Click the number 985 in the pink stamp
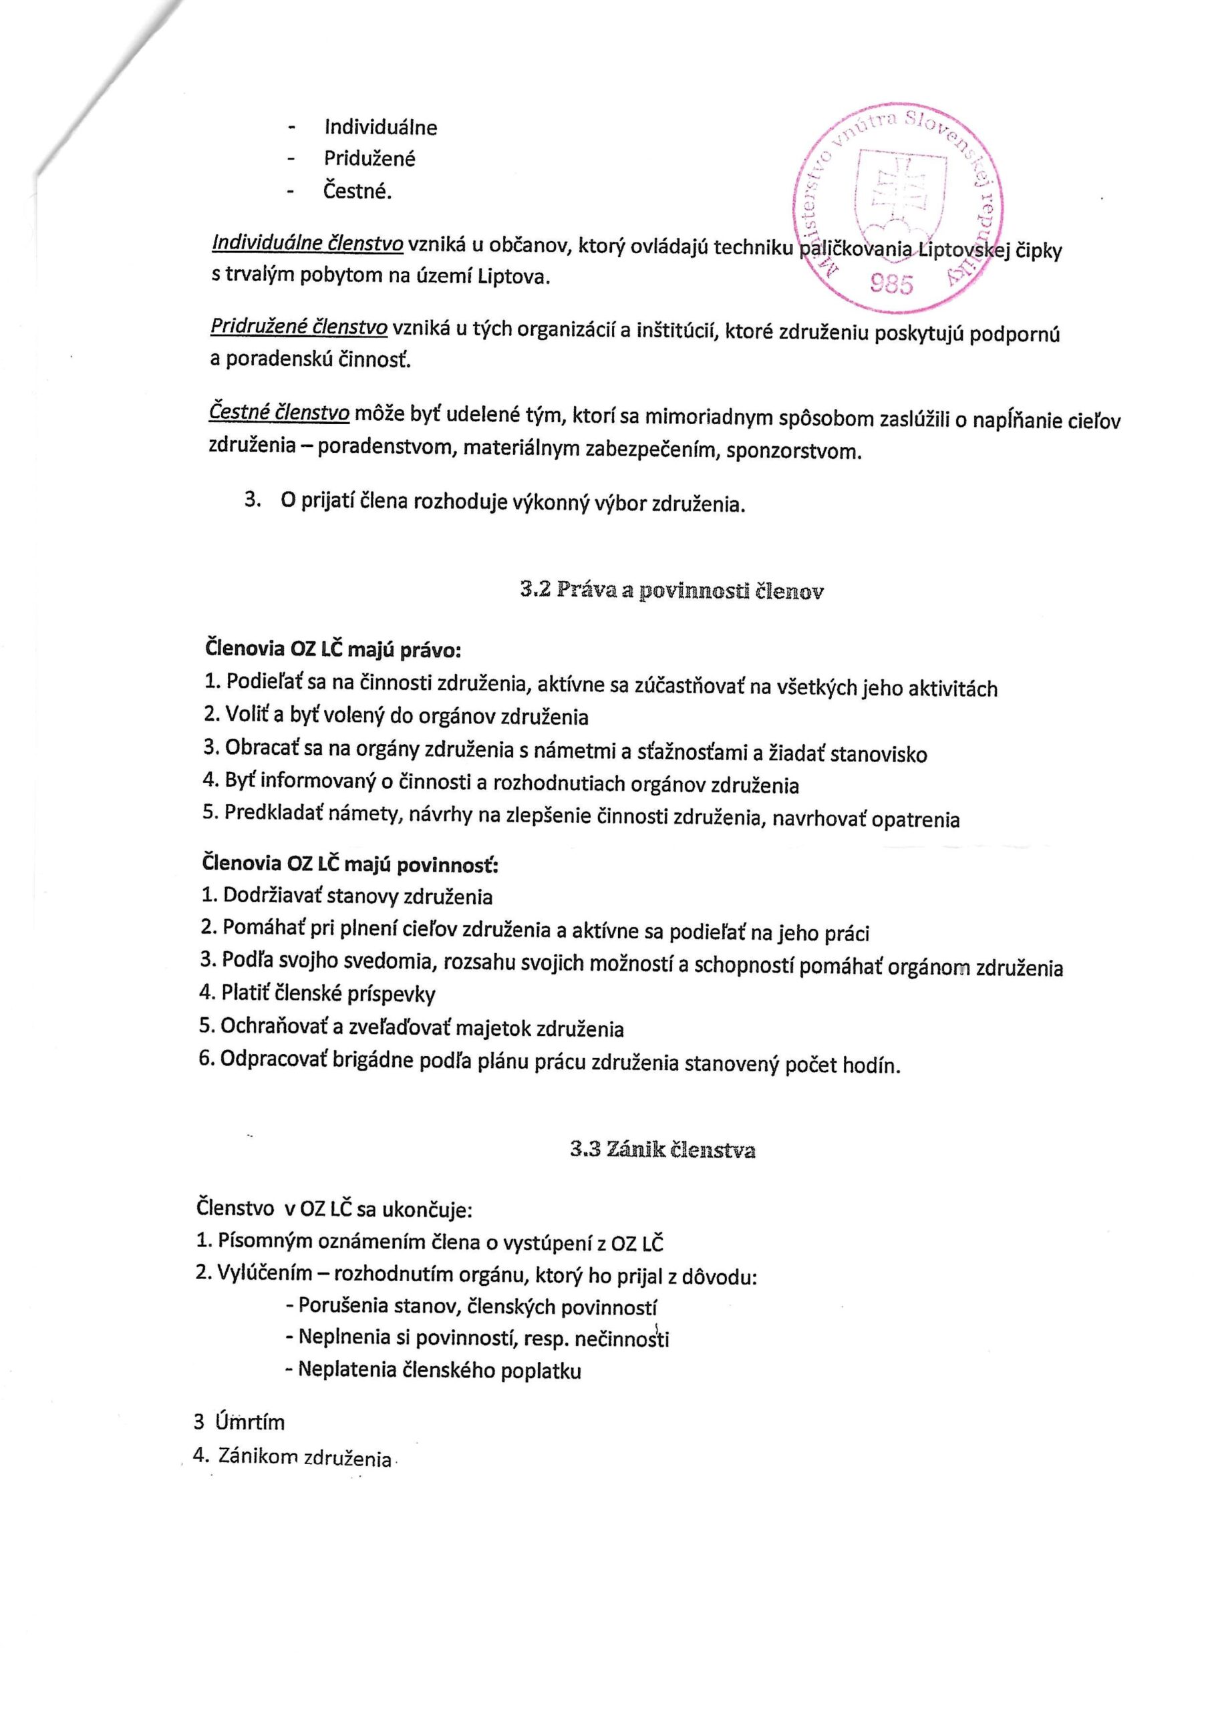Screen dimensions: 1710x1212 click(x=891, y=283)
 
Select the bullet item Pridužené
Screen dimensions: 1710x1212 click(x=369, y=158)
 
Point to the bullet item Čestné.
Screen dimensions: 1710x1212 click(x=357, y=191)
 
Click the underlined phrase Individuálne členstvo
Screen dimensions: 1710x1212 click(x=308, y=243)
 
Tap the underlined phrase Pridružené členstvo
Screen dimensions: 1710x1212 click(x=299, y=327)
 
